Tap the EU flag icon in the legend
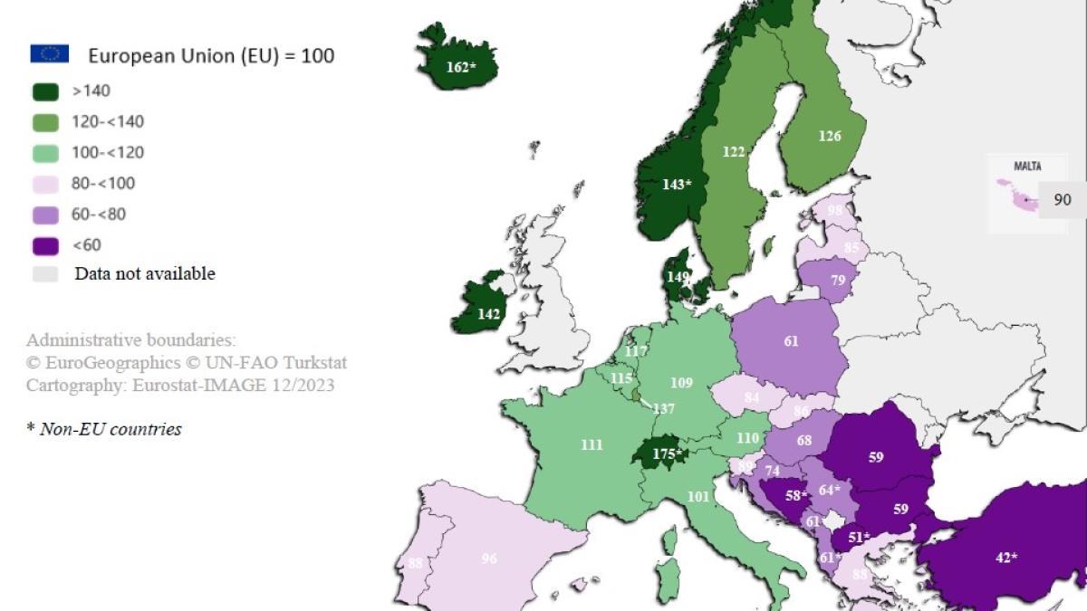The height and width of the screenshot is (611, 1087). click(49, 54)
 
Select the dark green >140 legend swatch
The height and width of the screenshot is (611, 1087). click(45, 91)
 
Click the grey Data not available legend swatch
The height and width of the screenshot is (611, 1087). click(45, 273)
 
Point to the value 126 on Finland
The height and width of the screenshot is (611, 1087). click(830, 136)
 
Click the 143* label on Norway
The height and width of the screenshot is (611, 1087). click(677, 184)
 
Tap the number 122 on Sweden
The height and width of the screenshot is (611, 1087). click(734, 152)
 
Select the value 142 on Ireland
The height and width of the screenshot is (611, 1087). click(489, 314)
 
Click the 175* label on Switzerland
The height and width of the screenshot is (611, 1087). click(667, 453)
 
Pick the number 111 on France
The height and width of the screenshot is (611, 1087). click(592, 444)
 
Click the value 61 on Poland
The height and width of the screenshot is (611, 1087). click(792, 341)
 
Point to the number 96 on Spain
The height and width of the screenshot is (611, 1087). click(489, 558)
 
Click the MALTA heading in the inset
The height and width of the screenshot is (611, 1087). click(1027, 167)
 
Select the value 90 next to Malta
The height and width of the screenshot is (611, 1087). click(1063, 199)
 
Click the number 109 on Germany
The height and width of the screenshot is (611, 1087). click(681, 383)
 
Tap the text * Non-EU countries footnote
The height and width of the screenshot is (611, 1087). click(104, 429)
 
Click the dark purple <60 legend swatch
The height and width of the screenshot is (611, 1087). click(45, 244)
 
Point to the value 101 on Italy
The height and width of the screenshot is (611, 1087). click(697, 496)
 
